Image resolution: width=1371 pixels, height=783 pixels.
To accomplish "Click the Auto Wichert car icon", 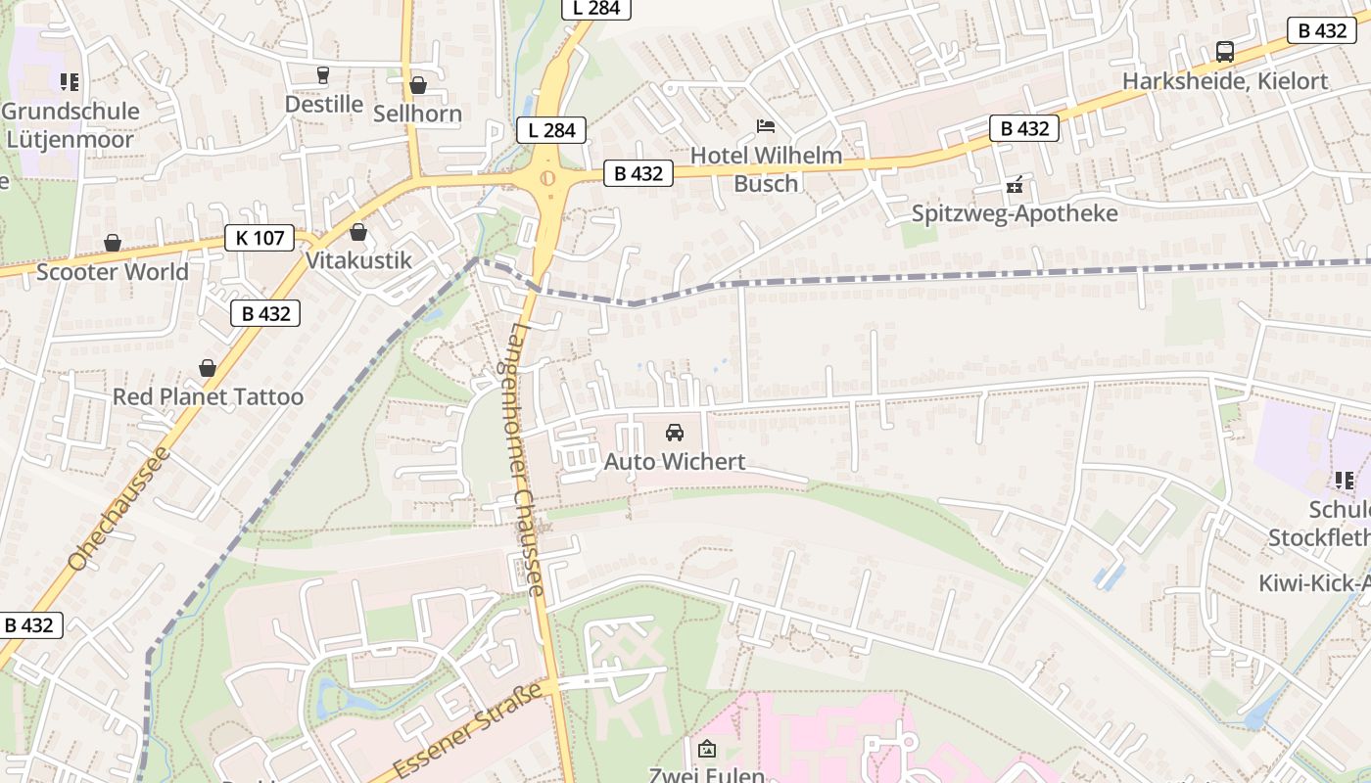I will pyautogui.click(x=674, y=433).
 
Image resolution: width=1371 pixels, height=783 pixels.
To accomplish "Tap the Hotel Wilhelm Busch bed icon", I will pyautogui.click(x=766, y=126).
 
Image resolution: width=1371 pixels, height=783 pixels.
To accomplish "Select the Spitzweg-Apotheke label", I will pyautogui.click(x=1015, y=213).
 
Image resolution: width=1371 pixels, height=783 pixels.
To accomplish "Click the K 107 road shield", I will pyautogui.click(x=260, y=238).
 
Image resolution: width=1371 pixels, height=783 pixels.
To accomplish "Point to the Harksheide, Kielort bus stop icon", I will pyautogui.click(x=1224, y=52).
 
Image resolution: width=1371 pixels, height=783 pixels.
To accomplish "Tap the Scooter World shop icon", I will pyautogui.click(x=113, y=243).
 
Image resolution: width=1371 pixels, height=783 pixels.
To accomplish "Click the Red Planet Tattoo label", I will pyautogui.click(x=208, y=396).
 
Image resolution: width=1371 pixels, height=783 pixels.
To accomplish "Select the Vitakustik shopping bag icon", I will pyautogui.click(x=358, y=232).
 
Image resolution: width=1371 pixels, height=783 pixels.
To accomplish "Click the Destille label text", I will pyautogui.click(x=324, y=104).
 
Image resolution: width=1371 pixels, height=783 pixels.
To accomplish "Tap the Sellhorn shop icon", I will pyautogui.click(x=418, y=85).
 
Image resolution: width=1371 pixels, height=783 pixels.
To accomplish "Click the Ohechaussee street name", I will pyautogui.click(x=119, y=509).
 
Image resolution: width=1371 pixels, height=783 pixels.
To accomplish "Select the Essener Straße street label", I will pyautogui.click(x=468, y=732).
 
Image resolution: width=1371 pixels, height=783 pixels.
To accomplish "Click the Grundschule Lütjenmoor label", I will pyautogui.click(x=71, y=124).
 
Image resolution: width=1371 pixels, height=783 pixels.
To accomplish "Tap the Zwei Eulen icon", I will pyautogui.click(x=706, y=749).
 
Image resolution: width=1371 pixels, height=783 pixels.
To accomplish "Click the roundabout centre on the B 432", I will pyautogui.click(x=547, y=178).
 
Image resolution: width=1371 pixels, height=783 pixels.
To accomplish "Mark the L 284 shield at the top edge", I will pyautogui.click(x=595, y=8).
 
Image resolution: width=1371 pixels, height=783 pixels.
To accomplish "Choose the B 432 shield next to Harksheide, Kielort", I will pyautogui.click(x=1322, y=30).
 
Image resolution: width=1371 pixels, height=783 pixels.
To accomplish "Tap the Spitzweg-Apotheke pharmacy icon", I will pyautogui.click(x=1015, y=184).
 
